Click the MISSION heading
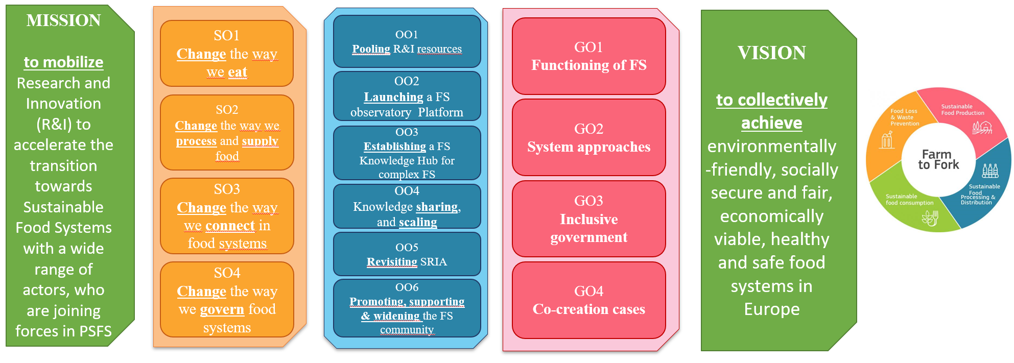64,20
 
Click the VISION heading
771,53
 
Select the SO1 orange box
227,54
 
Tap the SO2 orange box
227,132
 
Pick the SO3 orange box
227,216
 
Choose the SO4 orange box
227,300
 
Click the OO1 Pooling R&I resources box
407,42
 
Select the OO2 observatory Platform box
407,96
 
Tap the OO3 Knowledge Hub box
407,153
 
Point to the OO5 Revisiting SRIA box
407,254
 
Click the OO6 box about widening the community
407,308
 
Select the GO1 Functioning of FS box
588,56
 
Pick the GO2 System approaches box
588,138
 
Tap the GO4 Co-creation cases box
588,300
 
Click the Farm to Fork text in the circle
938,159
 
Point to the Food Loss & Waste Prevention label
904,117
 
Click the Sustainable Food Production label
962,110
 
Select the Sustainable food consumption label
909,200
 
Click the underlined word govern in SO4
222,309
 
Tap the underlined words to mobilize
64,62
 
